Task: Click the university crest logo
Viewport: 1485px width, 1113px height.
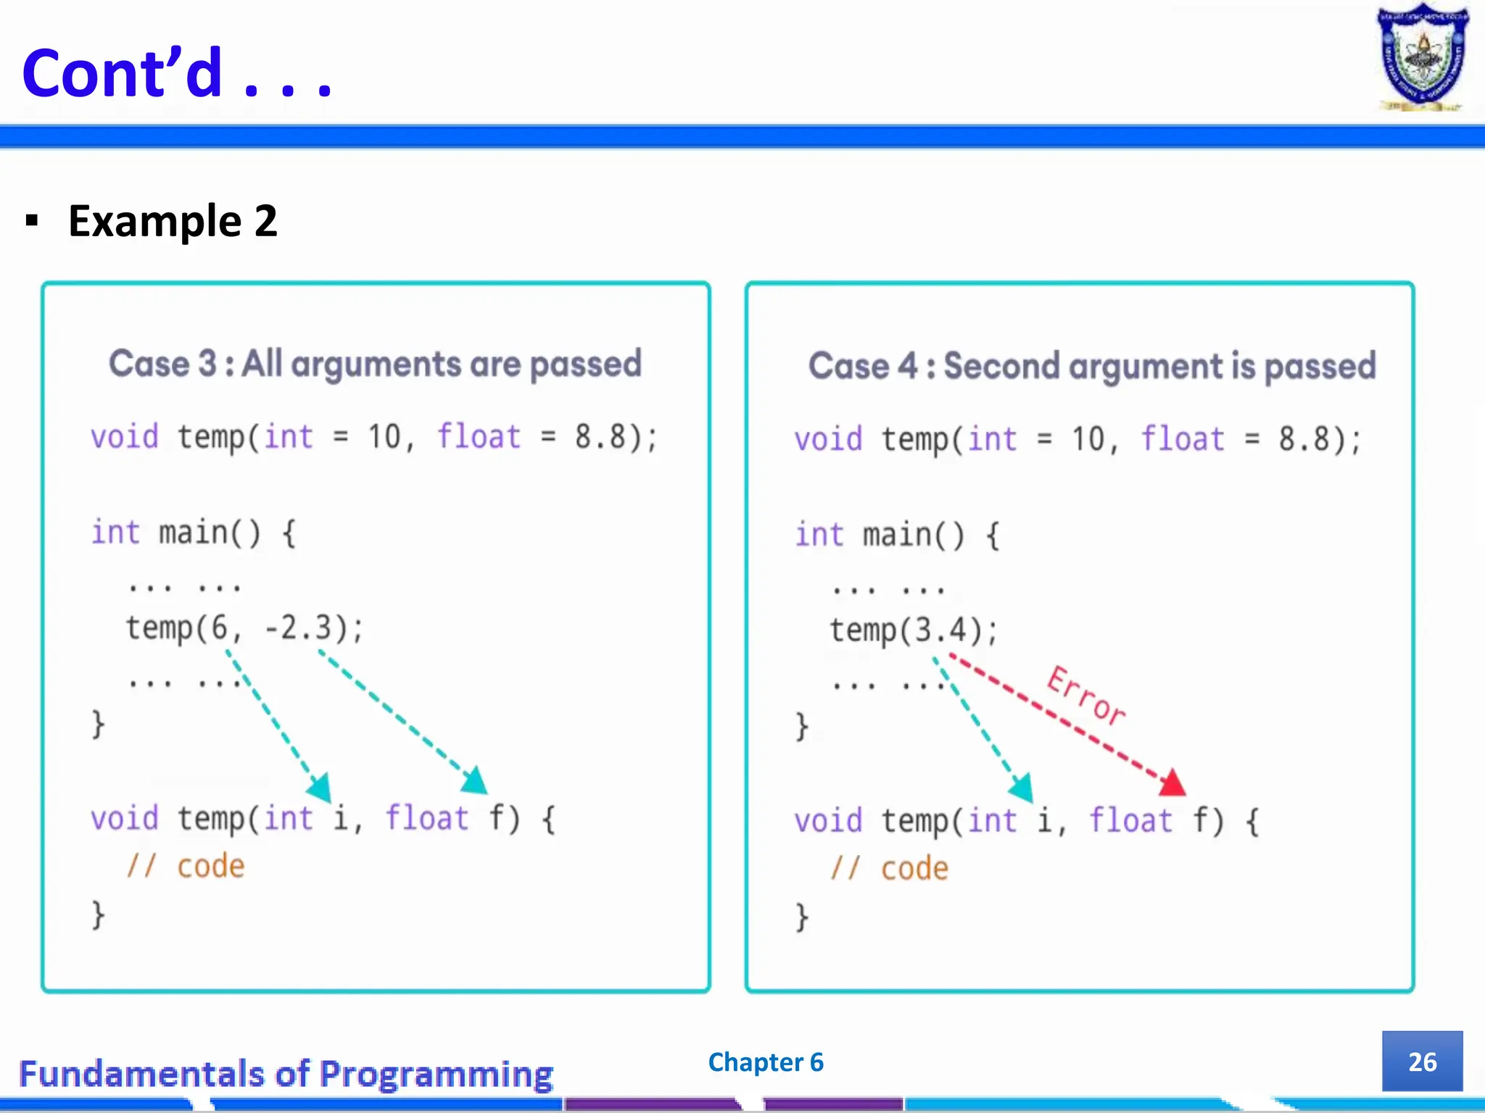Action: click(x=1422, y=58)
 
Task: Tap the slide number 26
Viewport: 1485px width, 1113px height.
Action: click(x=1422, y=1062)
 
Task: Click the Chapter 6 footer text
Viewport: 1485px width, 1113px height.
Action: click(x=766, y=1062)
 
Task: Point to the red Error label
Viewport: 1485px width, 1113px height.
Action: click(x=1086, y=696)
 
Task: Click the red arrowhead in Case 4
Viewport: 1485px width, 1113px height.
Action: click(x=1173, y=783)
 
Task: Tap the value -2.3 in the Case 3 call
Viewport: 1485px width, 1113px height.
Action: click(x=298, y=628)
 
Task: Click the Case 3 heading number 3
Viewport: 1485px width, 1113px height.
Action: click(x=207, y=364)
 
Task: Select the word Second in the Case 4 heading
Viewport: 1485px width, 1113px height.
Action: click(x=1001, y=366)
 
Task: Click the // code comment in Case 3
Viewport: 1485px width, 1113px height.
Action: click(x=186, y=867)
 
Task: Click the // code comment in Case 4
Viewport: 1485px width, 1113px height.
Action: click(x=890, y=869)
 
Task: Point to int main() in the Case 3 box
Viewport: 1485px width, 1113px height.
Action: click(x=192, y=533)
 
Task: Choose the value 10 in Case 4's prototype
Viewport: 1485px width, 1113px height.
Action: click(x=1088, y=440)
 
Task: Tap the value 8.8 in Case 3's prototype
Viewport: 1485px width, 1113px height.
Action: click(x=600, y=437)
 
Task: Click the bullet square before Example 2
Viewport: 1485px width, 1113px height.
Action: click(x=31, y=220)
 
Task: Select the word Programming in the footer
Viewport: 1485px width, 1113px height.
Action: click(x=437, y=1074)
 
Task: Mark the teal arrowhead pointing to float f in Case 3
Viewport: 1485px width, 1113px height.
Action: click(x=476, y=781)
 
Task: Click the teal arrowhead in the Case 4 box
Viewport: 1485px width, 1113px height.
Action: click(x=1022, y=788)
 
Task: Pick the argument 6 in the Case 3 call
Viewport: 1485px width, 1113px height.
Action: click(x=219, y=628)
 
